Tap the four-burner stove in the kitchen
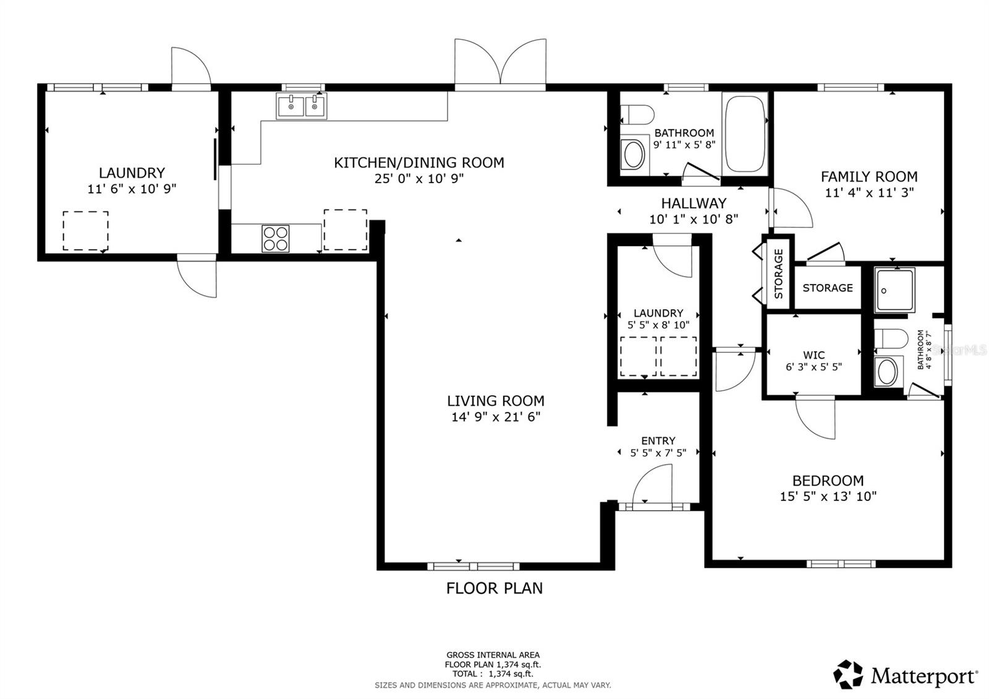tap(276, 238)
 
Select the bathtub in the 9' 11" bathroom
tap(745, 133)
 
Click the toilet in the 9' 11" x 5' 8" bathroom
tap(637, 114)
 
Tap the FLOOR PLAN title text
tap(494, 588)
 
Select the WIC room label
tap(813, 355)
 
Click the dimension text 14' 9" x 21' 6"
tap(496, 417)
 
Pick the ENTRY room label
tap(658, 440)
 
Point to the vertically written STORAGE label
tap(779, 273)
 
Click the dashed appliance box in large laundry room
tap(85, 231)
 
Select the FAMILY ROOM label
tap(868, 176)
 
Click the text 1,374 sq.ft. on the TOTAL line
tap(511, 674)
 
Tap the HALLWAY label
tap(694, 203)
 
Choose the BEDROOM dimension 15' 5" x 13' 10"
tap(828, 496)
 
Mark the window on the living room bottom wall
tap(473, 566)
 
